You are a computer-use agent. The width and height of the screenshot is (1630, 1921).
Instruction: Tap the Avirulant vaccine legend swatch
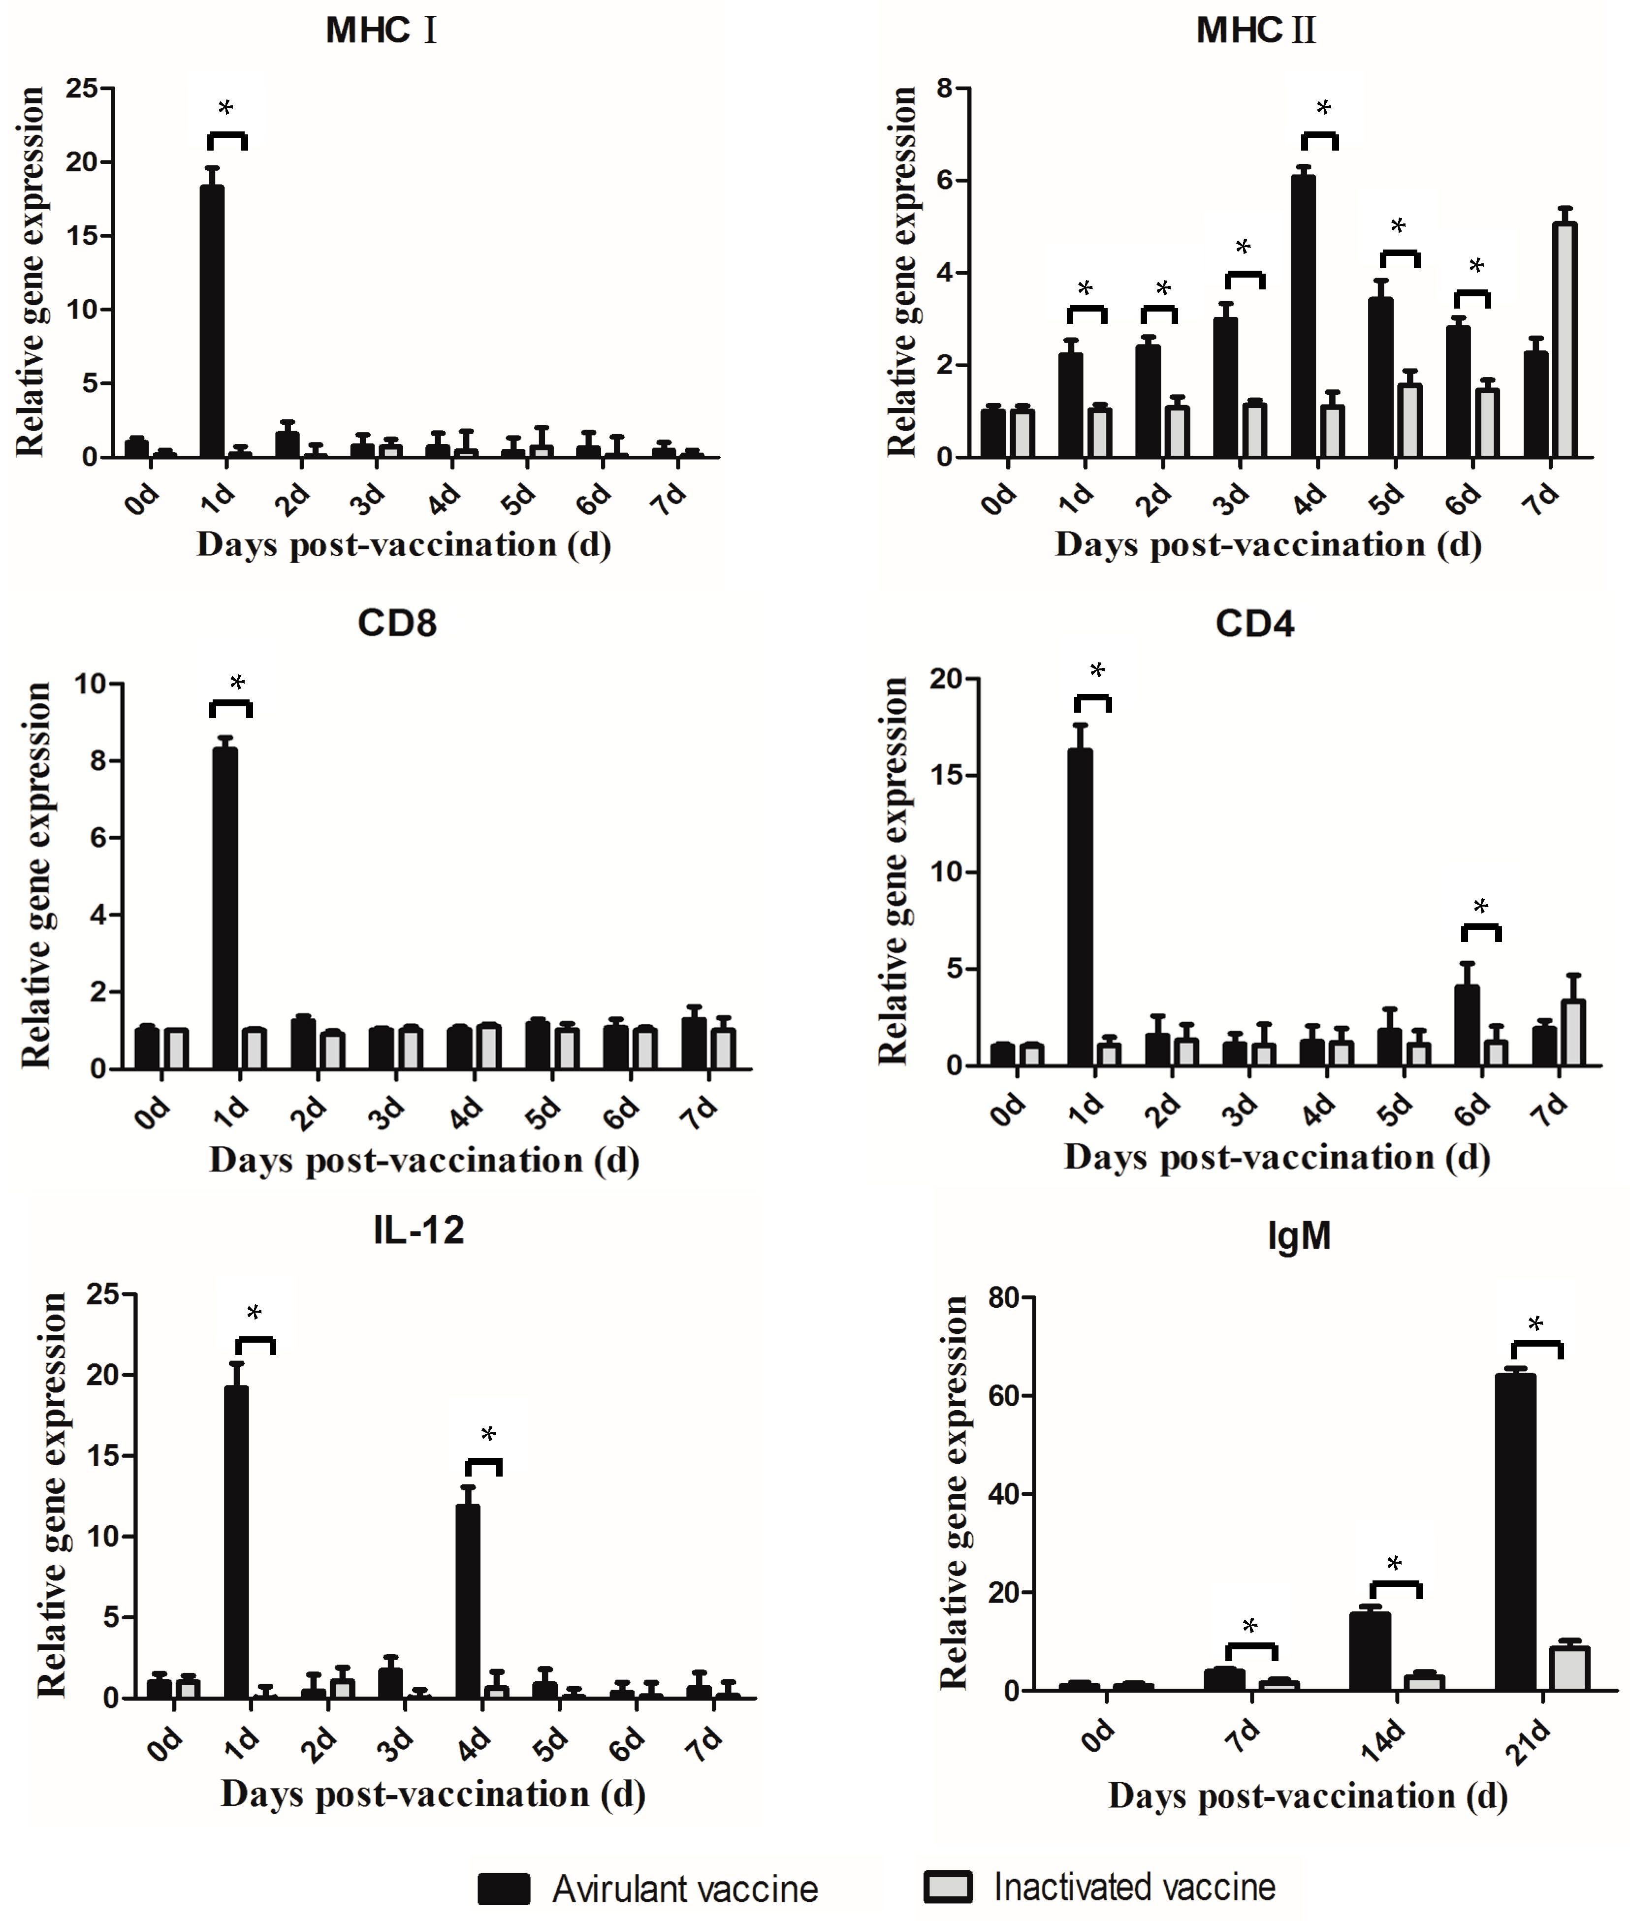tap(504, 1889)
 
